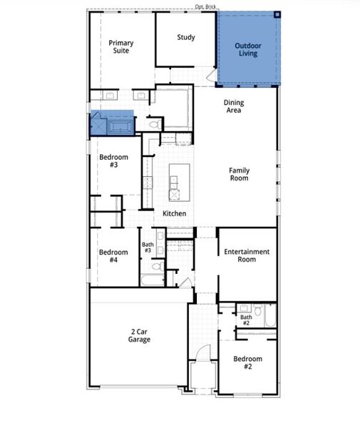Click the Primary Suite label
point(120,47)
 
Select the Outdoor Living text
point(248,49)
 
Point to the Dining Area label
point(233,106)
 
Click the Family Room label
point(239,174)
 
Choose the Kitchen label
point(174,214)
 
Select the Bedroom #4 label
point(113,256)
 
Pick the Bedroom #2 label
point(248,362)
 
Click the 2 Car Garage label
point(139,336)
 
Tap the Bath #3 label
point(148,248)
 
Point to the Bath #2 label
point(246,320)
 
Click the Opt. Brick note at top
point(206,6)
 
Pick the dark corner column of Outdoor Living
point(279,14)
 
